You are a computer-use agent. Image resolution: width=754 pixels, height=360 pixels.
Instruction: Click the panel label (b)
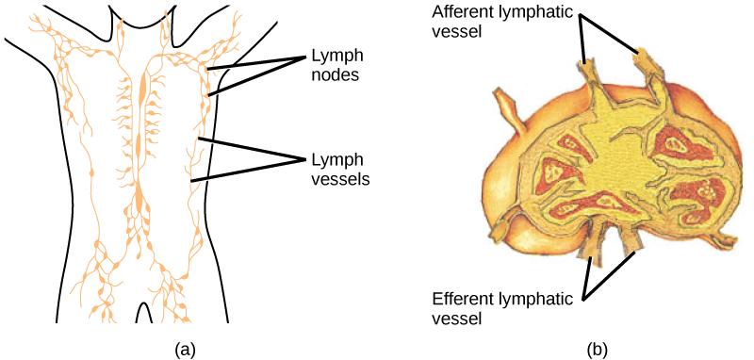[597, 349]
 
